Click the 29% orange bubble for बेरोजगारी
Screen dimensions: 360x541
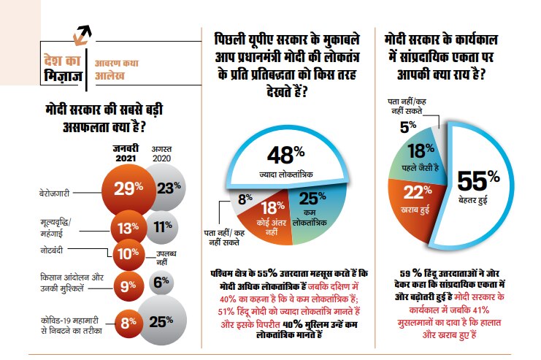pos(128,188)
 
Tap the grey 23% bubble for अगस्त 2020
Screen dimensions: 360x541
pos(167,188)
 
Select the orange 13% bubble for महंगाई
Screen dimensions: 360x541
pos(128,228)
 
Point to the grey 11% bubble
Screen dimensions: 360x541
pos(164,226)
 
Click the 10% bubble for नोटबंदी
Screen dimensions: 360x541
pos(128,253)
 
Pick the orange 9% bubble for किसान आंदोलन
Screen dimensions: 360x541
pos(128,286)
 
